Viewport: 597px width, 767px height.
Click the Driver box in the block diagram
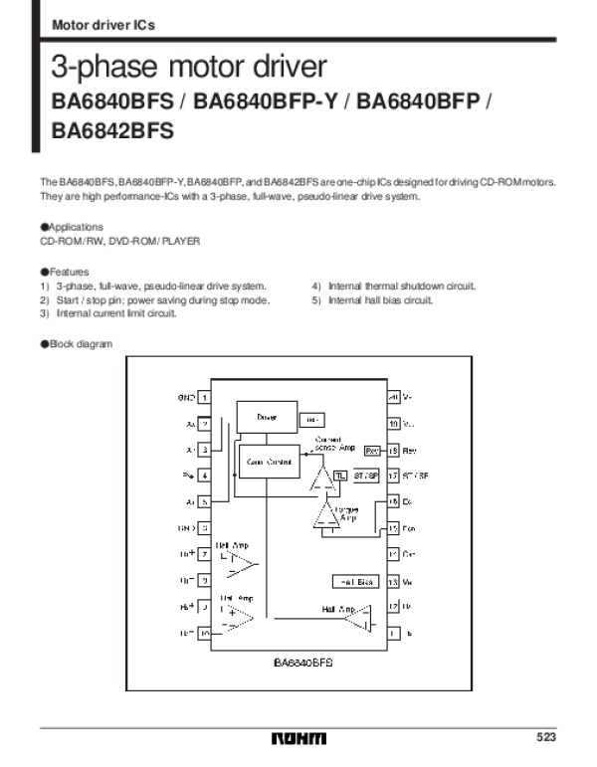coord(267,418)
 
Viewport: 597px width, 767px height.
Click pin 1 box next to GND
coord(204,397)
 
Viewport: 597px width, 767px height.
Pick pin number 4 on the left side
coord(204,476)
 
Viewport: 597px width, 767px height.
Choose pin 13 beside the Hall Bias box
coord(393,581)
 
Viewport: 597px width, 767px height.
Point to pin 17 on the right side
coord(393,476)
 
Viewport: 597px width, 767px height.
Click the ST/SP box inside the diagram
coord(366,476)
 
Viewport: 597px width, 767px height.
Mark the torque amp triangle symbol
coord(325,515)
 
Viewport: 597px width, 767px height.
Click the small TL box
coord(340,476)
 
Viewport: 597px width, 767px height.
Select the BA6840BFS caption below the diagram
coord(302,661)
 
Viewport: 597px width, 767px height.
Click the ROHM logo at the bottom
coord(298,738)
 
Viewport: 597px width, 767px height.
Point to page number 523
coord(545,737)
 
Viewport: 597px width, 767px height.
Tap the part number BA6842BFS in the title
coord(112,129)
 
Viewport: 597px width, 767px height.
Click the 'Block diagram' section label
coord(77,343)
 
